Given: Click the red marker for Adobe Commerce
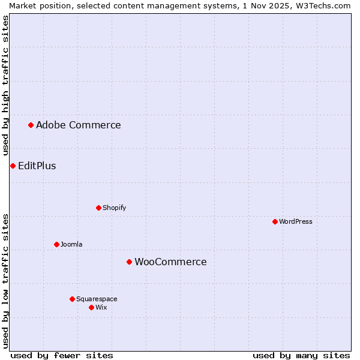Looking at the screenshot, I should click(31, 125).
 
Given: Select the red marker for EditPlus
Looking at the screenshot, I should click(13, 166).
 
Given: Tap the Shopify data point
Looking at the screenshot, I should click(98, 208).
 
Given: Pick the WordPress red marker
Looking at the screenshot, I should click(275, 221).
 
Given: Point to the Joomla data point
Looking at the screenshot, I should click(56, 244).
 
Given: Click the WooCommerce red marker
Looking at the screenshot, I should click(129, 262).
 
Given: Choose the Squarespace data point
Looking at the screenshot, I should click(72, 299).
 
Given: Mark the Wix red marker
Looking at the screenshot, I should click(91, 307).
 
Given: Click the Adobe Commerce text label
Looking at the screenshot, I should click(78, 125).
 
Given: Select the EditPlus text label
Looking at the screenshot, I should click(37, 166).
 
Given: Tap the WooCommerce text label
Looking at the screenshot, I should click(170, 262).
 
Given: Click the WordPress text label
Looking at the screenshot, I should click(296, 221).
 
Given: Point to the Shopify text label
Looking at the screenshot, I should click(114, 208).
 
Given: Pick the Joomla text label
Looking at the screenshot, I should click(71, 244).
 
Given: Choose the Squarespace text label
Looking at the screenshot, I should click(97, 299).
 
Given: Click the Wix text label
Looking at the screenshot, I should click(101, 307).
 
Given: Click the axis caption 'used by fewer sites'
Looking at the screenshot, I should click(62, 355).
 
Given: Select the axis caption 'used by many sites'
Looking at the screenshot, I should click(301, 355).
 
